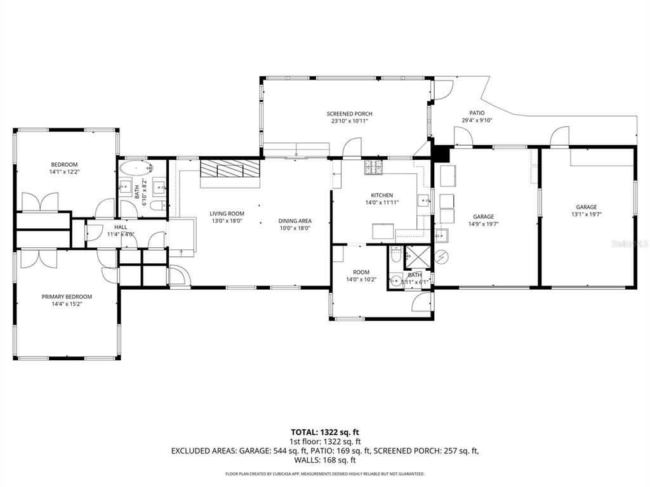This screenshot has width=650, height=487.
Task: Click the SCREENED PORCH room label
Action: tap(349, 114)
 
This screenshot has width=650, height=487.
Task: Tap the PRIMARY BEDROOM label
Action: tap(67, 296)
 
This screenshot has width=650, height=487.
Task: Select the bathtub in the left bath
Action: tap(136, 169)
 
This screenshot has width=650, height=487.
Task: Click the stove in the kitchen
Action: tap(374, 167)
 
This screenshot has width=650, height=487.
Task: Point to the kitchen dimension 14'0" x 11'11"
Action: tap(382, 203)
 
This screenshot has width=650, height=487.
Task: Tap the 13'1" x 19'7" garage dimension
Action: tap(586, 214)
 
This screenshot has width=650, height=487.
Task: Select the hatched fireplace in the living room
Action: tap(230, 170)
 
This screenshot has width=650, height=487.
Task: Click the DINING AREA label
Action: tap(295, 221)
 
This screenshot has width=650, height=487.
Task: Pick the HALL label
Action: tap(121, 226)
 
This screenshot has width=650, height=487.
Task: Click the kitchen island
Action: tap(383, 232)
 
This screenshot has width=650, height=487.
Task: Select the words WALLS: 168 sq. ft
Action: tap(325, 460)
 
